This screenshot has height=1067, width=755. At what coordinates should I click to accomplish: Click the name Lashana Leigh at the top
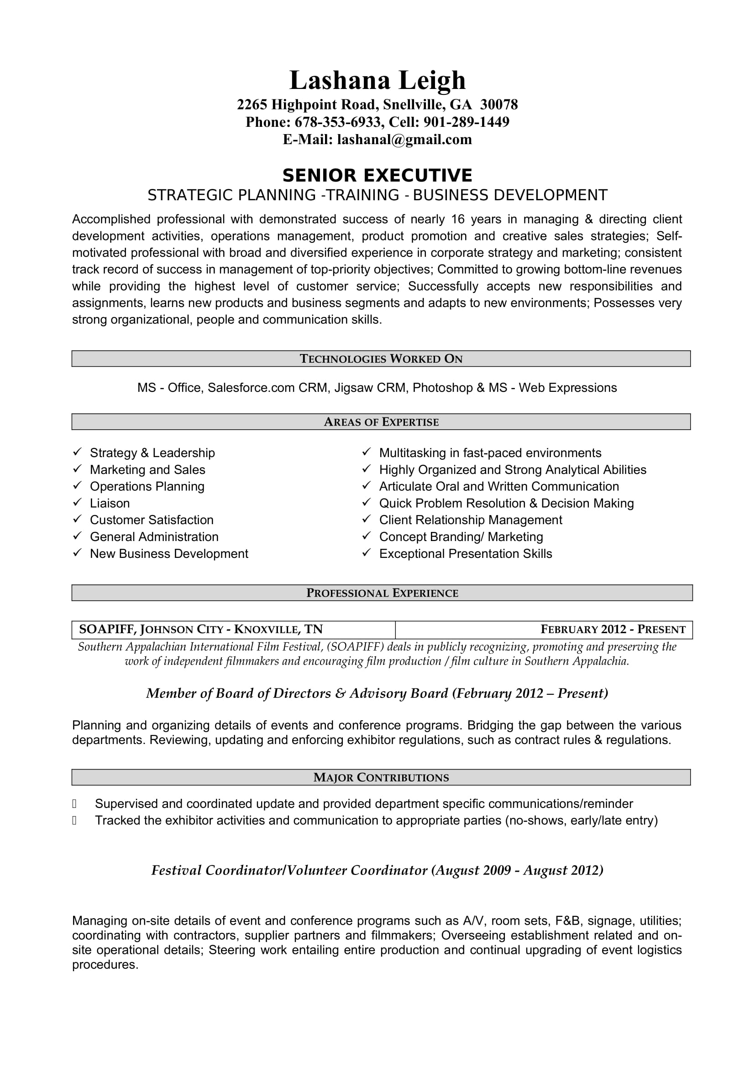click(377, 80)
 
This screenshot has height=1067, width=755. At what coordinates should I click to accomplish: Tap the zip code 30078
click(499, 104)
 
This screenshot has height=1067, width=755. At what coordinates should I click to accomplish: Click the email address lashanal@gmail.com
click(404, 140)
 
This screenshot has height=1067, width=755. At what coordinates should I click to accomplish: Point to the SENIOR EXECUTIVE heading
click(377, 176)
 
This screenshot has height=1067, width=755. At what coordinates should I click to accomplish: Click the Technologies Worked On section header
click(381, 359)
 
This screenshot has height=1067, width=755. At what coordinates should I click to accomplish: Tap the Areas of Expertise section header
click(381, 422)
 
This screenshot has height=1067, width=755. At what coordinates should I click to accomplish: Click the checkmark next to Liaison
click(77, 502)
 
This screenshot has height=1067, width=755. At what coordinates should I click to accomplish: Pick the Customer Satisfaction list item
click(152, 520)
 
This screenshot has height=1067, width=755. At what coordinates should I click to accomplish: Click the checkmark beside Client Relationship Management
click(367, 519)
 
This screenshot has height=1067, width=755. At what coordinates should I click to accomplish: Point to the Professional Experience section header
click(382, 593)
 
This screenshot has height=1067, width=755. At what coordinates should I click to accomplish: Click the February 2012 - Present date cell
click(612, 630)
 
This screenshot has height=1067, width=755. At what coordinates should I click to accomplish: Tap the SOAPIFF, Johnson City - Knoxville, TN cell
click(201, 630)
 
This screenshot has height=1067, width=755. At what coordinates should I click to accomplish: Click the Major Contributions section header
click(381, 777)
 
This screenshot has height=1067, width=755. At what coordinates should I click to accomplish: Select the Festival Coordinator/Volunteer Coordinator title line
click(377, 870)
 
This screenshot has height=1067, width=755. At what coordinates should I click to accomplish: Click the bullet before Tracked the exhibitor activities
click(74, 821)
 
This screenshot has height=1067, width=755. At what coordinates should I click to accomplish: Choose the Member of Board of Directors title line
click(377, 693)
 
